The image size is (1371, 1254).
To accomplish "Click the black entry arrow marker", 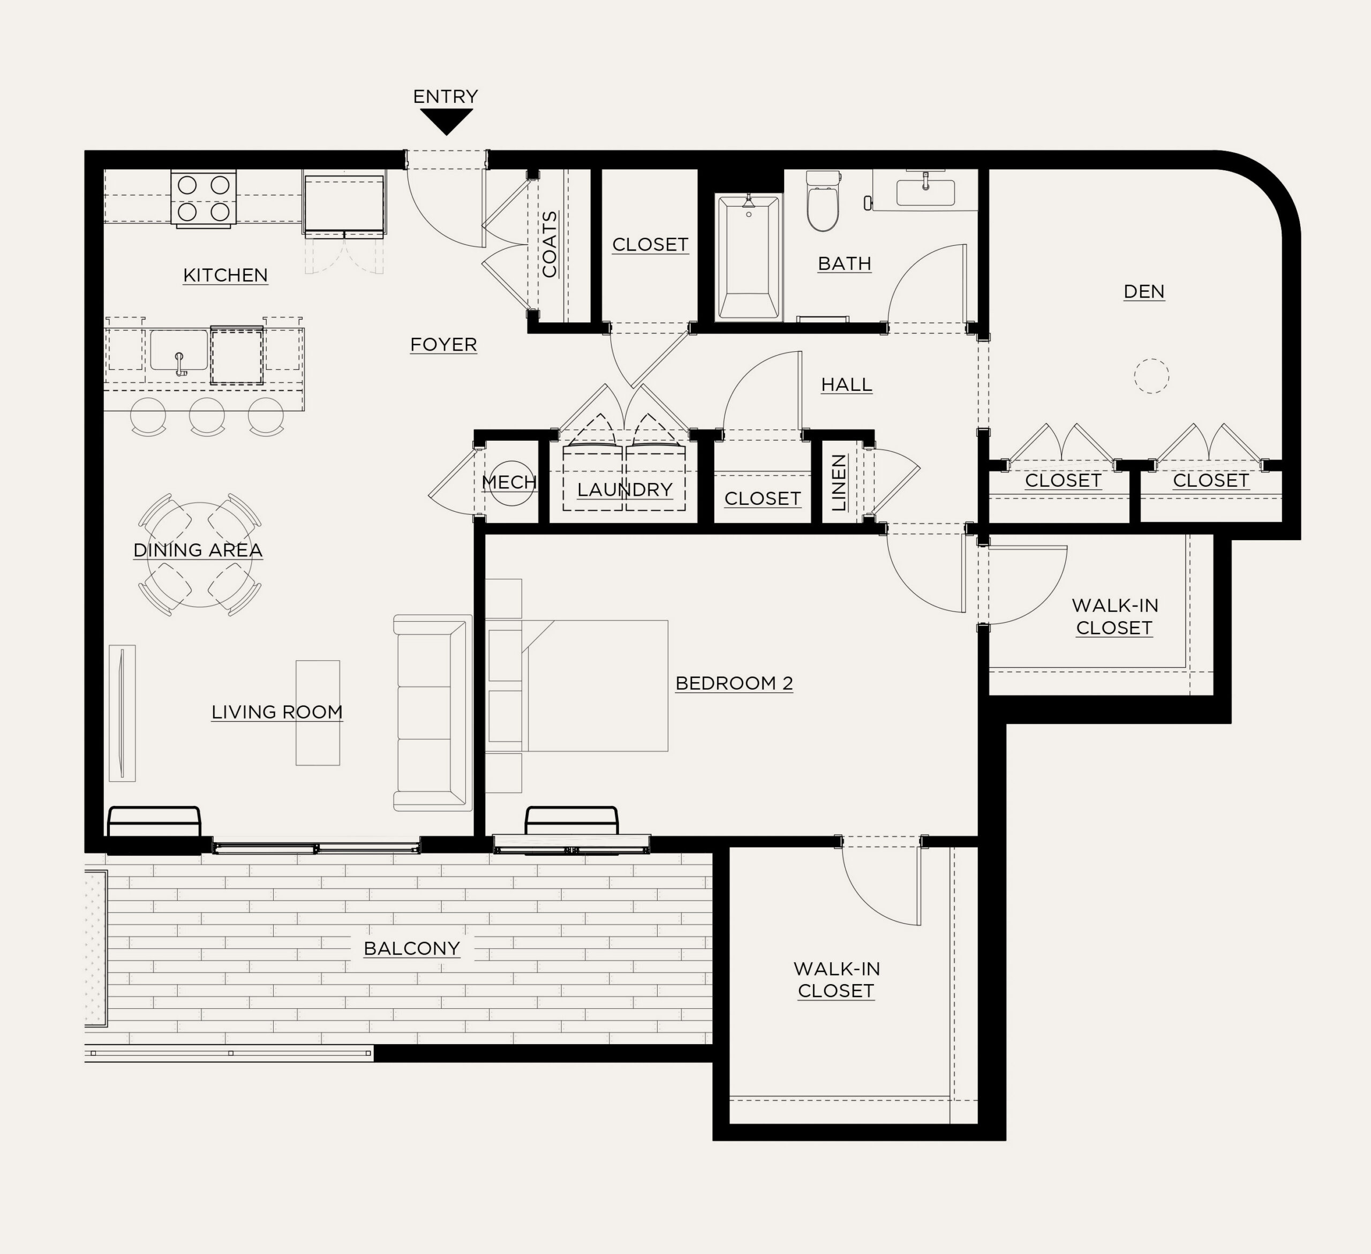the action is (x=446, y=121).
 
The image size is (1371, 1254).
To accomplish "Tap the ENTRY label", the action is (x=446, y=96).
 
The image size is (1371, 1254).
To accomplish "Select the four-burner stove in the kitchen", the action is (x=204, y=198).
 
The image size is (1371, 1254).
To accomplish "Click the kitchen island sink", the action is (x=179, y=351).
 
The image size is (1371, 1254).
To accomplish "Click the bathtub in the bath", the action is (x=748, y=256).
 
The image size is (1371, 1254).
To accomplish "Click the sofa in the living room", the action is (x=433, y=713).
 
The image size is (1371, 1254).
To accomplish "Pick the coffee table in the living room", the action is (x=318, y=713).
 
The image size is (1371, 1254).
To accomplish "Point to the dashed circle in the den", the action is (x=1151, y=375).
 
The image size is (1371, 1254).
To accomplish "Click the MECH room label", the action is (x=509, y=482).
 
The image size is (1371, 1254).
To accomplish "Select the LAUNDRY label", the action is (x=624, y=489).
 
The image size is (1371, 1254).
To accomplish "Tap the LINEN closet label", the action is (x=839, y=483).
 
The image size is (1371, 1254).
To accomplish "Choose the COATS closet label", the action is (x=549, y=244).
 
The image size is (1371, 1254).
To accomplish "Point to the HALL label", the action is (x=847, y=385).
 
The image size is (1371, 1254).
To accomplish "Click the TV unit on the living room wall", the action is (x=123, y=713).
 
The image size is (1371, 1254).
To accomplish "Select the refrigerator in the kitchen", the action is (x=345, y=203).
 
